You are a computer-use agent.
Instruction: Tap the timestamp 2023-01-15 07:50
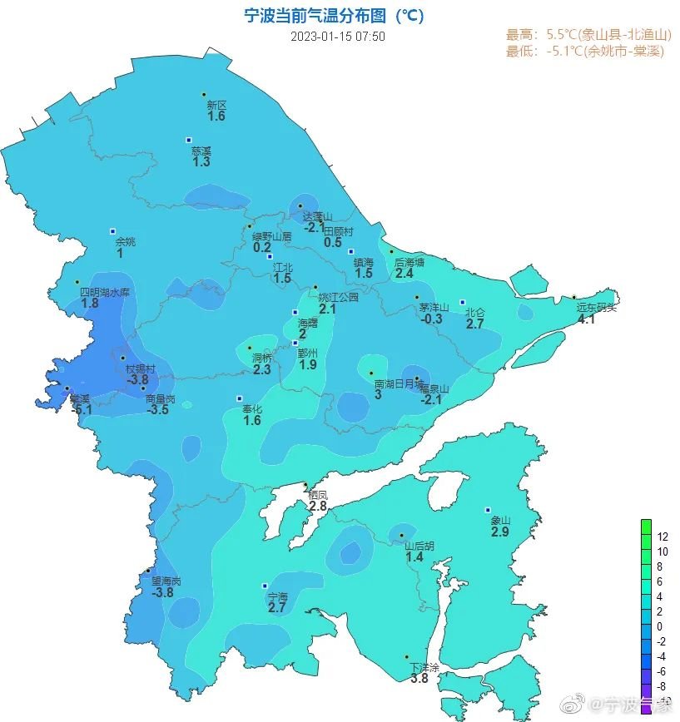338,37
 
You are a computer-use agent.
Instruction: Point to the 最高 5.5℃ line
588,35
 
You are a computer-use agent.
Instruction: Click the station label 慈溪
201,151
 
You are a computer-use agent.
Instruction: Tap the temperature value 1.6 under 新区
216,116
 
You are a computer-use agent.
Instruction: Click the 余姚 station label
125,241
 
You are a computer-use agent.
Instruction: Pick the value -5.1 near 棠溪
82,409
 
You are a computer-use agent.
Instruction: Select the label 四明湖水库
106,292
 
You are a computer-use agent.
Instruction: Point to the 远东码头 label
597,307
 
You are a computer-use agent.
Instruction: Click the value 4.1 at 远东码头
586,319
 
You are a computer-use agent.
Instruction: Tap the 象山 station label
499,521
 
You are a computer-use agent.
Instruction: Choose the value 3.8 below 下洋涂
419,679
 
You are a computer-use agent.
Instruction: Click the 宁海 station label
277,597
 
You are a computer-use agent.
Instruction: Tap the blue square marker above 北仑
463,303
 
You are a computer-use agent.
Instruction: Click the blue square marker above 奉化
240,398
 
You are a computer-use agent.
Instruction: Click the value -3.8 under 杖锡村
136,380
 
